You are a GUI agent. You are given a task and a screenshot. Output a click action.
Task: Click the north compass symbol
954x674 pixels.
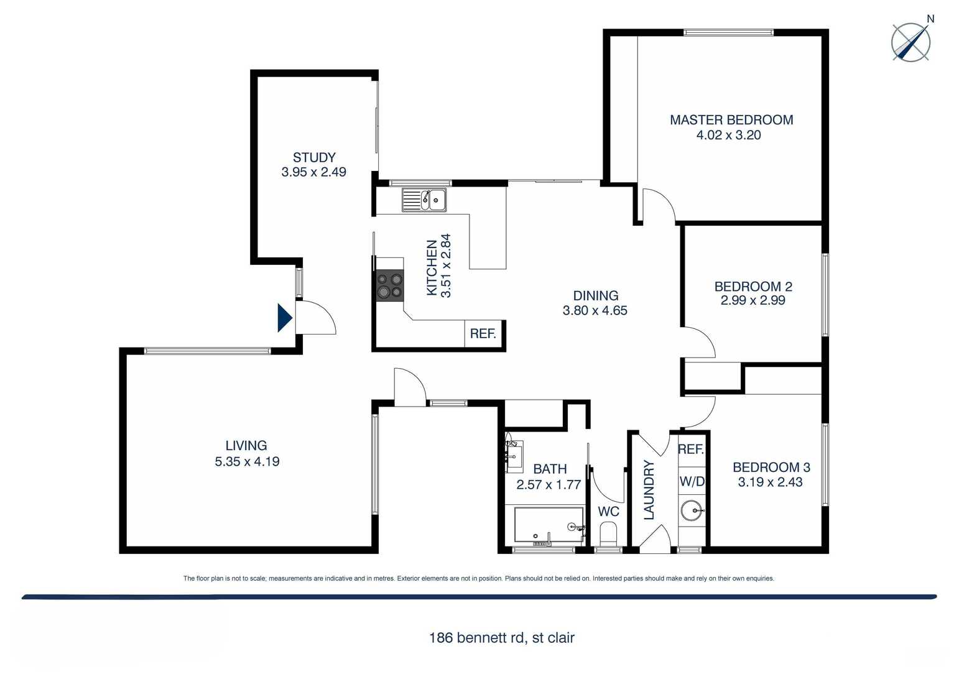coord(911,42)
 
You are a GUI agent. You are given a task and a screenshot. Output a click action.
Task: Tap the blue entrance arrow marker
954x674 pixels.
coord(284,317)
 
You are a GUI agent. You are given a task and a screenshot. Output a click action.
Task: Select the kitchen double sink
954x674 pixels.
coord(424,200)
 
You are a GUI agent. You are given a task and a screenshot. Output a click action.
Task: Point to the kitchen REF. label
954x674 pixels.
coord(483,334)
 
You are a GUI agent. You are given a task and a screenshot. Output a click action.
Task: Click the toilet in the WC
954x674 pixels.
coord(608,533)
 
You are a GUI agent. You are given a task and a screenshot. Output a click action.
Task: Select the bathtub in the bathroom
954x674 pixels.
coord(549,525)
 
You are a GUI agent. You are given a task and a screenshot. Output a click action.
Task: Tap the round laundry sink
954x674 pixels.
coord(692,511)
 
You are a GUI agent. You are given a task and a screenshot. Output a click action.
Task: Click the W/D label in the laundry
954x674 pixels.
coord(692,481)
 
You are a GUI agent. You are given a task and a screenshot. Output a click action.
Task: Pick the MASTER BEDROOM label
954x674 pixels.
coord(731,120)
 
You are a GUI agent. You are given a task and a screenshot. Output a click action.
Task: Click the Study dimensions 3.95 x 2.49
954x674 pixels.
coord(313,172)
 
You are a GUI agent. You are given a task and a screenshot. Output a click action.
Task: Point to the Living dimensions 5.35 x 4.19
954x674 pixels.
coord(247,461)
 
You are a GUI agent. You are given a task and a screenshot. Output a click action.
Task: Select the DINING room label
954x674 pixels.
coord(595,296)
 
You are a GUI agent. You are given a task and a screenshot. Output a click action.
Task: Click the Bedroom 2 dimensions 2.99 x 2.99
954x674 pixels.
coord(753,300)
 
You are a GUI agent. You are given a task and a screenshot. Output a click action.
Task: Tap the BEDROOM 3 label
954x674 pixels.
coord(771,467)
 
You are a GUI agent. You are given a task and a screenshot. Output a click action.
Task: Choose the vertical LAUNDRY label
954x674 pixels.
coord(649,490)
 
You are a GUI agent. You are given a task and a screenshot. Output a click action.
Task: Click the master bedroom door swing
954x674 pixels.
coord(658,205)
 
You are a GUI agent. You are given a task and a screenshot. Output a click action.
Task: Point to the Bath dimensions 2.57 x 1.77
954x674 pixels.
coord(549,484)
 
